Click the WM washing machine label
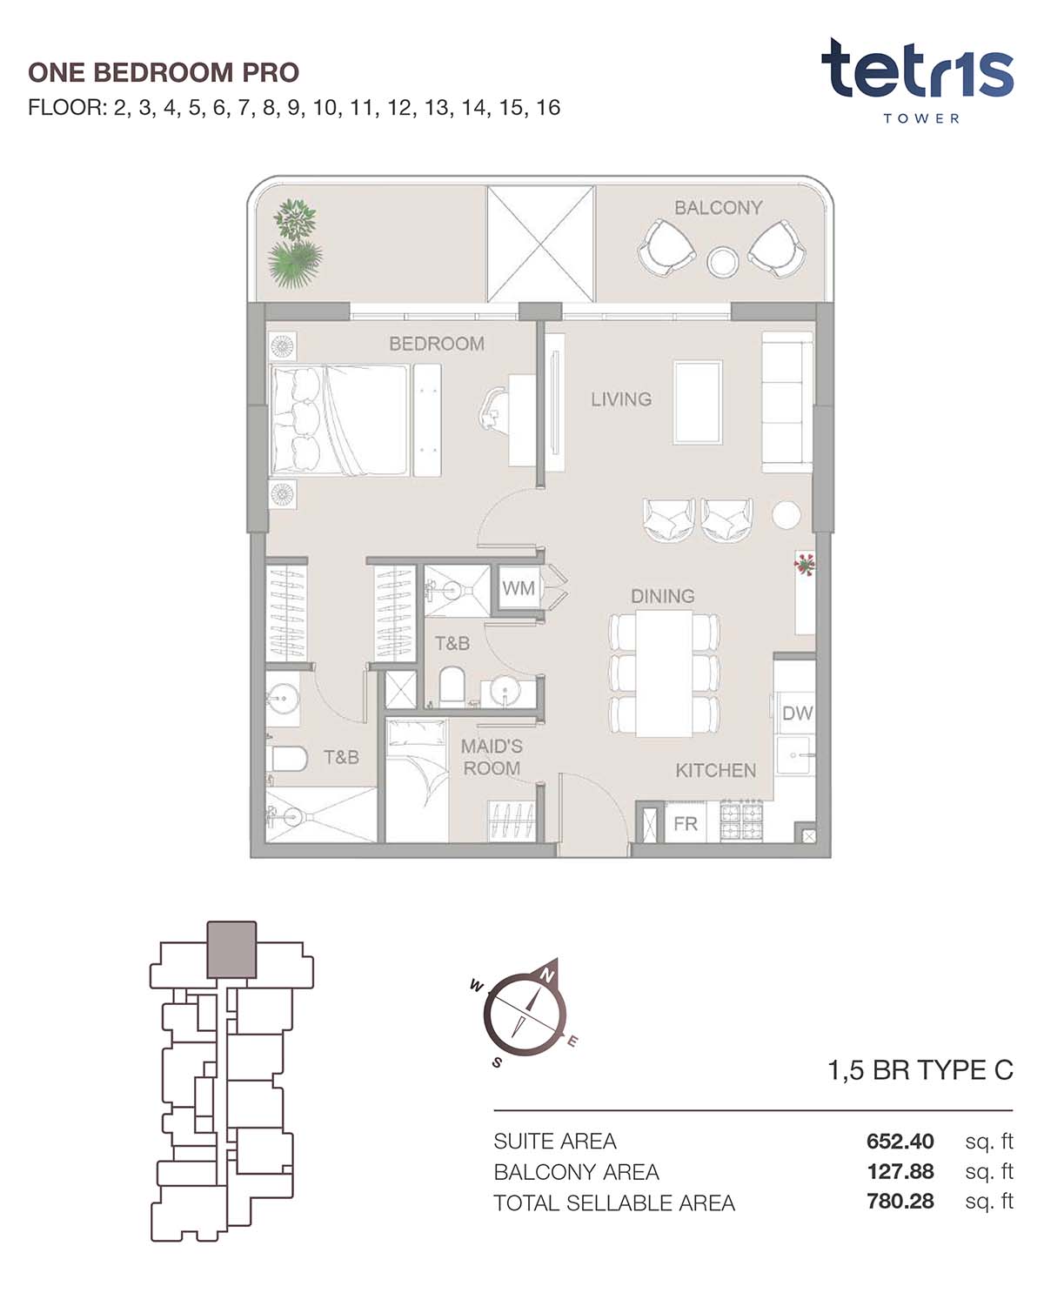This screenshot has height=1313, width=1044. coord(518,588)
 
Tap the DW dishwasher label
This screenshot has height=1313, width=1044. coord(797,713)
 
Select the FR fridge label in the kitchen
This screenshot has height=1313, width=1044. coord(686,824)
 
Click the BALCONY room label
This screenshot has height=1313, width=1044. coord(718,208)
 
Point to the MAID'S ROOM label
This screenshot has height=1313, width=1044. coord(492,757)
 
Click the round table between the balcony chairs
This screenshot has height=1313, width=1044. coord(722,261)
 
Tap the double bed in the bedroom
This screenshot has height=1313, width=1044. coord(338,419)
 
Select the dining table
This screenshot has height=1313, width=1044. coord(664,673)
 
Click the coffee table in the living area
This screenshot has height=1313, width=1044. coord(698,402)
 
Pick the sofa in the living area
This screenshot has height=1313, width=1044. coord(787,402)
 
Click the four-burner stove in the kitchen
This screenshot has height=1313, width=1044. coord(741,821)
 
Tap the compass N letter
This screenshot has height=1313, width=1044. coord(547,975)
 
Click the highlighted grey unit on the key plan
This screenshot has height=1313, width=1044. coord(231,949)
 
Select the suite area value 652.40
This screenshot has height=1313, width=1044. coord(900,1141)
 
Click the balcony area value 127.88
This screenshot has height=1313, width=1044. coord(900,1171)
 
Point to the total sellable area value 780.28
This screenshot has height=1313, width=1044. coord(900,1202)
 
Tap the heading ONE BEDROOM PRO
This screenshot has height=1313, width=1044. coord(164,72)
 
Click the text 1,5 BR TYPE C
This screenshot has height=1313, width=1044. coord(920,1070)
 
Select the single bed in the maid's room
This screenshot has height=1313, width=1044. coord(418,781)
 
